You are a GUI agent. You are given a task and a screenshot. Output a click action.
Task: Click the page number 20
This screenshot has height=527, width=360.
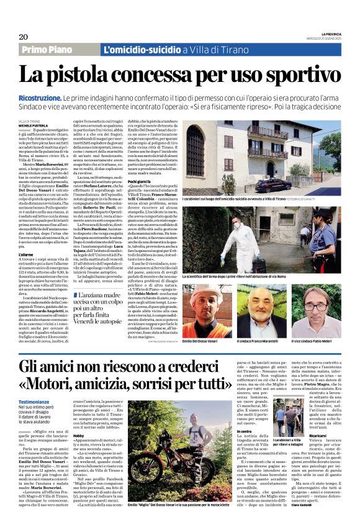click(22, 37)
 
